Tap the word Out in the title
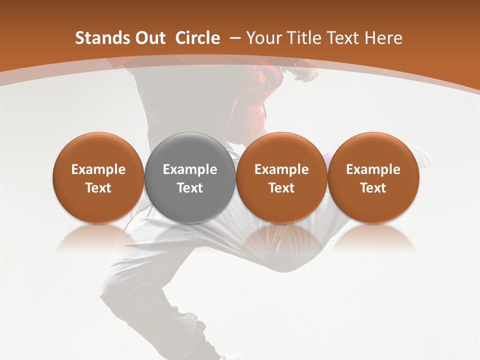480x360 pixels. (149, 38)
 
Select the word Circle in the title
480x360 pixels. (197, 38)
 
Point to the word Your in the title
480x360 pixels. (261, 38)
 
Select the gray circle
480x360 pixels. (190, 178)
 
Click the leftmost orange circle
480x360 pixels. (98, 178)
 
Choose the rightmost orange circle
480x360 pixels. (373, 178)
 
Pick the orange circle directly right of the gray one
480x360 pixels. (281, 178)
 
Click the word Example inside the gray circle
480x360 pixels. (190, 169)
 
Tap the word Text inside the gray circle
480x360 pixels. (190, 188)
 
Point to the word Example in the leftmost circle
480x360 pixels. (98, 169)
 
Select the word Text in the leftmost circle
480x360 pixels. (98, 188)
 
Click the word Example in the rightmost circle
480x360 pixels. (373, 169)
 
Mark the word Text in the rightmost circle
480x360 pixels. (373, 188)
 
